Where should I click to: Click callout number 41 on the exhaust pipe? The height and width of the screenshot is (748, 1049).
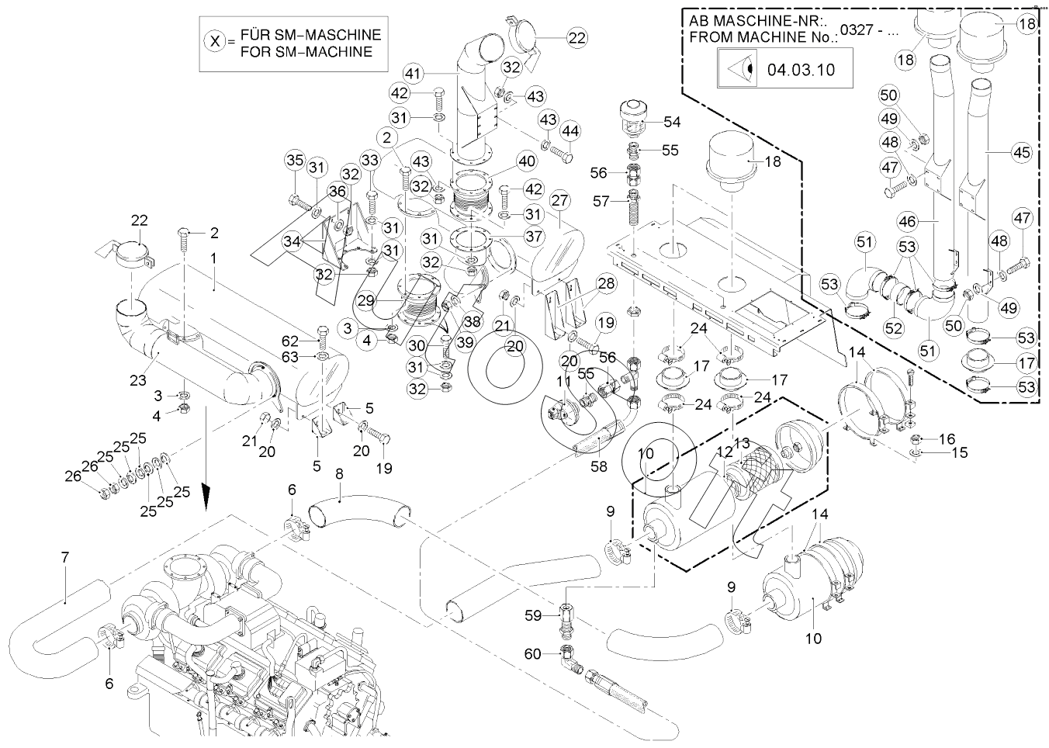[x=413, y=74]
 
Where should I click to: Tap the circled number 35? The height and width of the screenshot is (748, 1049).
[x=295, y=161]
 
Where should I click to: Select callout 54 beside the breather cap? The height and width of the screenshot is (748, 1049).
[x=671, y=123]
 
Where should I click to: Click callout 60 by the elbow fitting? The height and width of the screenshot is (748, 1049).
[x=533, y=654]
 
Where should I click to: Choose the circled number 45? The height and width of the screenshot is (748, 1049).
[x=1022, y=153]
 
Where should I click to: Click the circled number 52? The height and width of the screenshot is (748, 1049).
[x=894, y=328]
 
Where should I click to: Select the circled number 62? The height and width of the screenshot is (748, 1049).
[x=289, y=340]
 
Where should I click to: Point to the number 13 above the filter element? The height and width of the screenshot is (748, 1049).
[x=743, y=443]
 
